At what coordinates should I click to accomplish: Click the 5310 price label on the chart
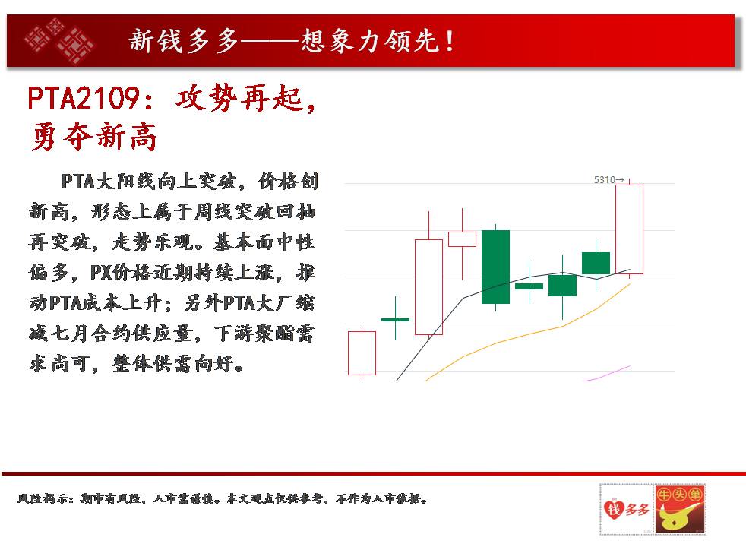[605, 180]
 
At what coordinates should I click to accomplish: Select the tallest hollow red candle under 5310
[630, 229]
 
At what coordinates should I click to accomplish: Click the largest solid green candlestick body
[496, 267]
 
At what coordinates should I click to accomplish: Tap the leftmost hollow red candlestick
[362, 353]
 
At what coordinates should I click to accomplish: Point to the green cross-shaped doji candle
[395, 319]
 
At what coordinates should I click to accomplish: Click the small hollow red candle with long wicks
[463, 239]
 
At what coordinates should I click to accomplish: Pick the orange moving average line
[528, 333]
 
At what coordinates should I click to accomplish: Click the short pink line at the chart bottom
[607, 373]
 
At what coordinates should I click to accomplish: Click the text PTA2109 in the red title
[84, 99]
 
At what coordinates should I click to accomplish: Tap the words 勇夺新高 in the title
[93, 137]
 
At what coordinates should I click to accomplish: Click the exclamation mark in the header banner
[449, 41]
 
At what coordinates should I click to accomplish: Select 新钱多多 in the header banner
[184, 40]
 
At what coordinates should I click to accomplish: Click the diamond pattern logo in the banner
[59, 41]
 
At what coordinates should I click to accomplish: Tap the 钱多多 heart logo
[627, 509]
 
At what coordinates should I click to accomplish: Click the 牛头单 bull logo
[680, 509]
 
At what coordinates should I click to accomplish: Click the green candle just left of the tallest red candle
[596, 263]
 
